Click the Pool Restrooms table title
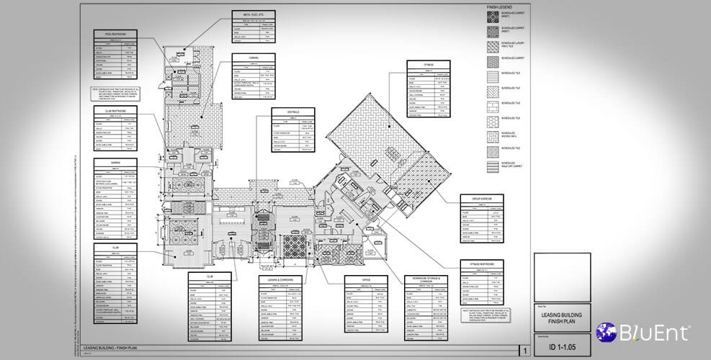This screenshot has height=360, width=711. tap(115, 34)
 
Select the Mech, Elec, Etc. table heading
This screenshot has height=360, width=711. tap(254, 14)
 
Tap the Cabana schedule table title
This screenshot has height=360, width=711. tap(254, 56)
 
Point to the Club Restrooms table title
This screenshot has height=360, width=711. tap(115, 110)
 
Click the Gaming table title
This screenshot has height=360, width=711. tap(115, 163)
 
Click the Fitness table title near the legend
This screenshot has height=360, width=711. tap(428, 64)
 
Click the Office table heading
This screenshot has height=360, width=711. tap(367, 276)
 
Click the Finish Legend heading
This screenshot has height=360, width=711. tap(498, 7)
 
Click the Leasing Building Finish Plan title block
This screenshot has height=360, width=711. tap(562, 316)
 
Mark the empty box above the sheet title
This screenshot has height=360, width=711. tap(562, 276)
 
